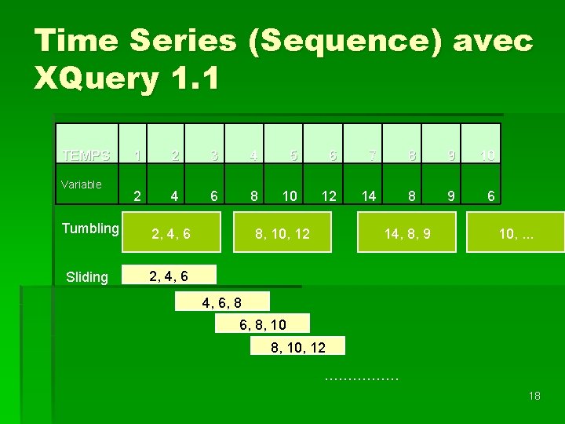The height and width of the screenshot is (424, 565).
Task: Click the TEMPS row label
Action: coord(86,155)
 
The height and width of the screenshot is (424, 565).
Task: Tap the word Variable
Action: coord(82,185)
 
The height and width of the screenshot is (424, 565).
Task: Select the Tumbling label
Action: coord(90,228)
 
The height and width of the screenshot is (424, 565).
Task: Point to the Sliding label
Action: coord(87,276)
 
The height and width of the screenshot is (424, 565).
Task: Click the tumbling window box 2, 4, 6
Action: coord(170,233)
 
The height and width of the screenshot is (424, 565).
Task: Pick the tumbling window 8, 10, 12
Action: coord(282,233)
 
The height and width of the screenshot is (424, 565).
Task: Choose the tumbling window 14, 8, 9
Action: coord(406,233)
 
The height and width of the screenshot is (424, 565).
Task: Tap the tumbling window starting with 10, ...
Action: coord(516,233)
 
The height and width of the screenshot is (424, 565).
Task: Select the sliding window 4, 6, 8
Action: coord(222,302)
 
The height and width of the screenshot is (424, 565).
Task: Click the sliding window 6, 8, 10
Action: coord(263,324)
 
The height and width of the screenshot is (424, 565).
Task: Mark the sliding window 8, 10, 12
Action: coord(297,347)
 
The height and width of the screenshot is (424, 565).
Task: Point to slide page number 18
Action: coord(534,396)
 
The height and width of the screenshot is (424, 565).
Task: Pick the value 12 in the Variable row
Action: coord(330,194)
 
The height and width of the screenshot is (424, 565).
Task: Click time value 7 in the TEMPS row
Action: coord(373,155)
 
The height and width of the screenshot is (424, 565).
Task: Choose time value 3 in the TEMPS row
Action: coord(213,155)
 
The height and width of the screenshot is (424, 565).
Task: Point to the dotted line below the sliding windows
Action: coord(361,380)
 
